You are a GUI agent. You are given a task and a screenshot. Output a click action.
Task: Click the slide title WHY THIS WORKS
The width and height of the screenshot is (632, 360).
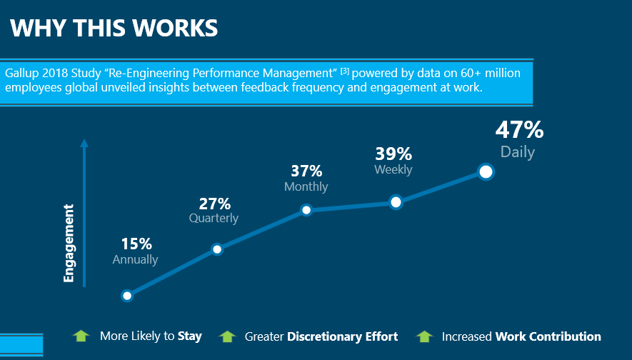tap(114, 28)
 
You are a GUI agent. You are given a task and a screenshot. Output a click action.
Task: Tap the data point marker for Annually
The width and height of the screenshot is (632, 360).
tap(127, 296)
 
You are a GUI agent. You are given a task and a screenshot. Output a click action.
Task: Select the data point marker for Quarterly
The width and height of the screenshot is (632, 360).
tap(217, 249)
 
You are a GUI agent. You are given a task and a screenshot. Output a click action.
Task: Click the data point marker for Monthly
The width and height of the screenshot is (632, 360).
tap(306, 210)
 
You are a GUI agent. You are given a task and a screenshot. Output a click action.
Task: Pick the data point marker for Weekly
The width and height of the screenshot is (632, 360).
tap(396, 202)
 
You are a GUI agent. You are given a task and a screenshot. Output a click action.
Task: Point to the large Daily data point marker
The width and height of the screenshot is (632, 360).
tap(486, 171)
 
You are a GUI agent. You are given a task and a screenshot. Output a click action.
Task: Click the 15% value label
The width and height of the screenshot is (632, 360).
tap(136, 244)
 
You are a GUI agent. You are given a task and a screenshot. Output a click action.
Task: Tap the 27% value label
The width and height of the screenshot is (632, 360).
tap(214, 203)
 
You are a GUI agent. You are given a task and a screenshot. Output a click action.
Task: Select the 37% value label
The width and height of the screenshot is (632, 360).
tap(306, 171)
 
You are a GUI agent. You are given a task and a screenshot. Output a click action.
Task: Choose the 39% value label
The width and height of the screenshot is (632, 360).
tap(393, 154)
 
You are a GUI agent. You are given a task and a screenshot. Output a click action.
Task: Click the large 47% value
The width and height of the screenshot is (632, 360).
tap(519, 130)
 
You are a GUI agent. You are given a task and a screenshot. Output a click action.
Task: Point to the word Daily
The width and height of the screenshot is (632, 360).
tap(517, 152)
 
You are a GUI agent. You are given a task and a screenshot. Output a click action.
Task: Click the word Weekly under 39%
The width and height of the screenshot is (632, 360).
tap(393, 169)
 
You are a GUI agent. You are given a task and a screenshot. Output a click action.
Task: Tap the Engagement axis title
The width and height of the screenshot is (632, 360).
tap(69, 243)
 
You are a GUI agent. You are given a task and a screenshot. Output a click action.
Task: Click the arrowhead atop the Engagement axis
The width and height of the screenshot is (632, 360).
tap(84, 143)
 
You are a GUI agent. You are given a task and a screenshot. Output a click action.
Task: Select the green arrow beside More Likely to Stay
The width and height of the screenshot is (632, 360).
tap(81, 336)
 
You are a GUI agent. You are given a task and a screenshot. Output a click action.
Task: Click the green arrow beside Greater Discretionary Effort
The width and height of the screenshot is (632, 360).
tap(227, 336)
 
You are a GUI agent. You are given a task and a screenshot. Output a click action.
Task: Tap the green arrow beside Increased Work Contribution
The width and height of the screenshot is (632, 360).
tap(424, 336)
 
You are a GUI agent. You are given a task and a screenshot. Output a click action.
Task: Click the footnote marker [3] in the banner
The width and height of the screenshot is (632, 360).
tap(344, 71)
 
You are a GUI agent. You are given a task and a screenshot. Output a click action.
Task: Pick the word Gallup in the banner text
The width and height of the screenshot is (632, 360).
tap(21, 73)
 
